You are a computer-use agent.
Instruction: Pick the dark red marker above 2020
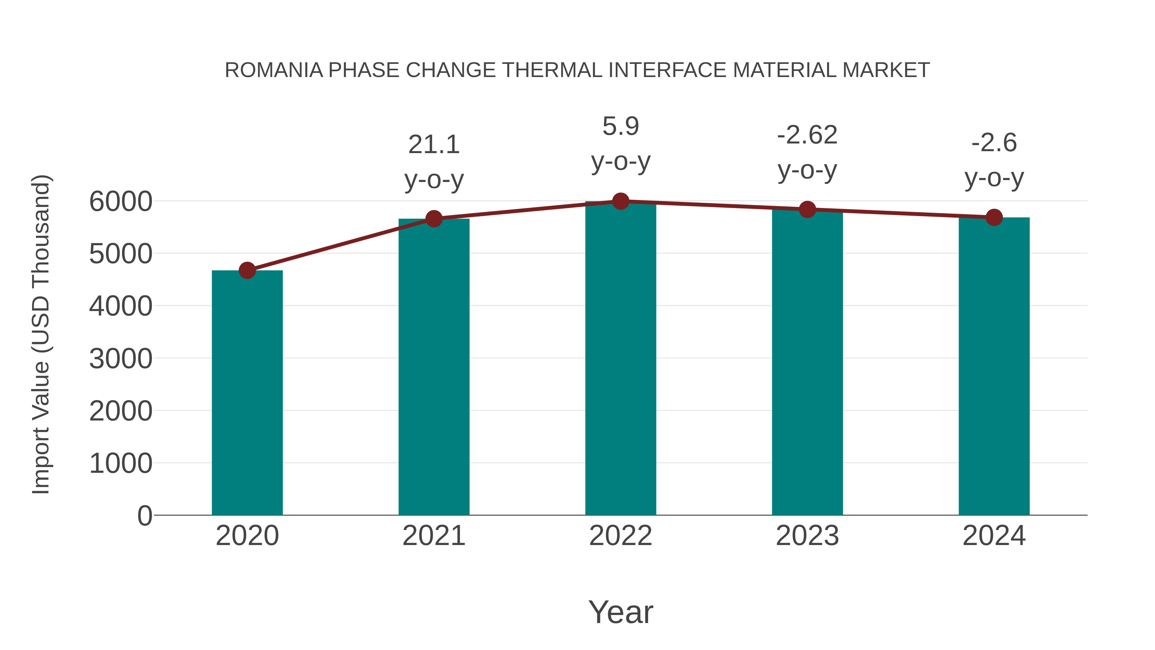pyautogui.click(x=247, y=271)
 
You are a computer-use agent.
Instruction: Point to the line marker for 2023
pyautogui.click(x=807, y=210)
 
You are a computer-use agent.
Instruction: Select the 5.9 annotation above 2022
pyautogui.click(x=620, y=126)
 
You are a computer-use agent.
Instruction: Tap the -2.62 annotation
pyautogui.click(x=807, y=135)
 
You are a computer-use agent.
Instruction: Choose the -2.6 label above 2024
pyautogui.click(x=994, y=143)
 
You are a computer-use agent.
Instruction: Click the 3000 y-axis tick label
pyautogui.click(x=121, y=359)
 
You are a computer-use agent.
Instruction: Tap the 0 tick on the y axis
pyautogui.click(x=144, y=516)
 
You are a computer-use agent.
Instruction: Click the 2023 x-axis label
pyautogui.click(x=807, y=536)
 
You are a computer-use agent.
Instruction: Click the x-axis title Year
pyautogui.click(x=620, y=612)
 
